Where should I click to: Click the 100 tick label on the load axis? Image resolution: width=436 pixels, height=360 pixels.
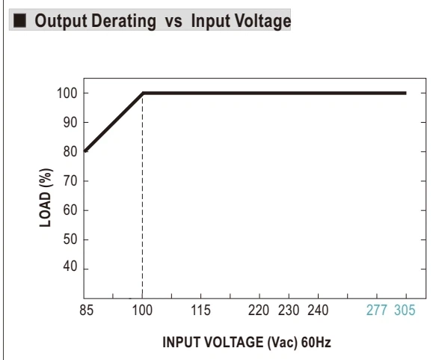[67, 94]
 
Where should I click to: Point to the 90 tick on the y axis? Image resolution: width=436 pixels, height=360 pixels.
[70, 123]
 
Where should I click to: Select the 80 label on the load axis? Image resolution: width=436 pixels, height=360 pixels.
[70, 152]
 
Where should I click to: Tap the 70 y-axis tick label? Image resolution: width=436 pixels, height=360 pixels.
[70, 181]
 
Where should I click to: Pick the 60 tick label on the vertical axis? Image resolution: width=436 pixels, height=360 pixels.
[70, 210]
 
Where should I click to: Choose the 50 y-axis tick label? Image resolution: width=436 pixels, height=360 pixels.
[70, 240]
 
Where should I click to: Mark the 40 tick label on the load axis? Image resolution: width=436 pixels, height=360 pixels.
[70, 266]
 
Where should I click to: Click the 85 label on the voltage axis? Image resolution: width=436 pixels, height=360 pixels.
[86, 310]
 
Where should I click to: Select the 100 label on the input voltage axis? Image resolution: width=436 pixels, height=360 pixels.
[142, 310]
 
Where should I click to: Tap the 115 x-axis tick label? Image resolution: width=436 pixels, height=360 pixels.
[200, 310]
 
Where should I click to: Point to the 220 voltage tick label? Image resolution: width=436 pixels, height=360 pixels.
[259, 310]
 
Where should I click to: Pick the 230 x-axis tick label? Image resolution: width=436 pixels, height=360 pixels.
[289, 310]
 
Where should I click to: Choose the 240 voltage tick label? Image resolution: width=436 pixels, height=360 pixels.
[318, 310]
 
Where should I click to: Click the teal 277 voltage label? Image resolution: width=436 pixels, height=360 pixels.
[377, 310]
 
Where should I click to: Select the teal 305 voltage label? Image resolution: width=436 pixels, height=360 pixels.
[405, 310]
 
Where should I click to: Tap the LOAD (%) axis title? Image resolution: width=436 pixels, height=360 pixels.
[46, 198]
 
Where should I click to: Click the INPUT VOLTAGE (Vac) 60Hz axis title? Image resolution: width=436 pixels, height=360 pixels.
[247, 343]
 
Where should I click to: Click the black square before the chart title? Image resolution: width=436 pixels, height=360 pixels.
[19, 21]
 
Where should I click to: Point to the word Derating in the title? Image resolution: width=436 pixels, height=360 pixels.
[123, 22]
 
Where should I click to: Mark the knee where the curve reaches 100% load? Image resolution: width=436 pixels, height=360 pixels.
[143, 93]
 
